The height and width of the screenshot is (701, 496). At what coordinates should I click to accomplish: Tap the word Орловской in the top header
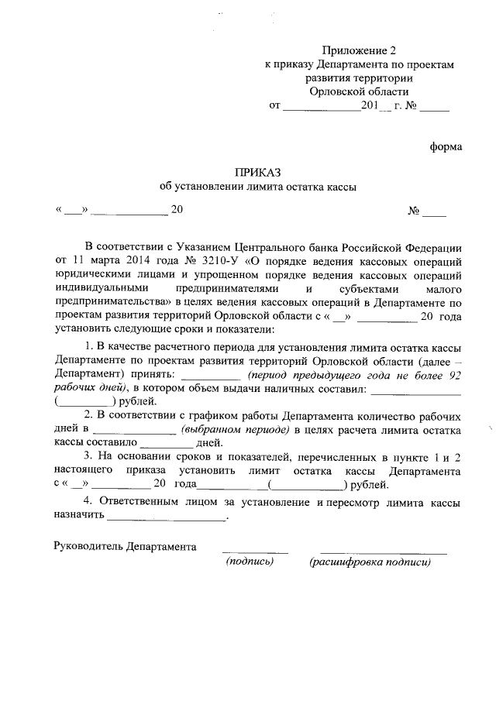point(334,91)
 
